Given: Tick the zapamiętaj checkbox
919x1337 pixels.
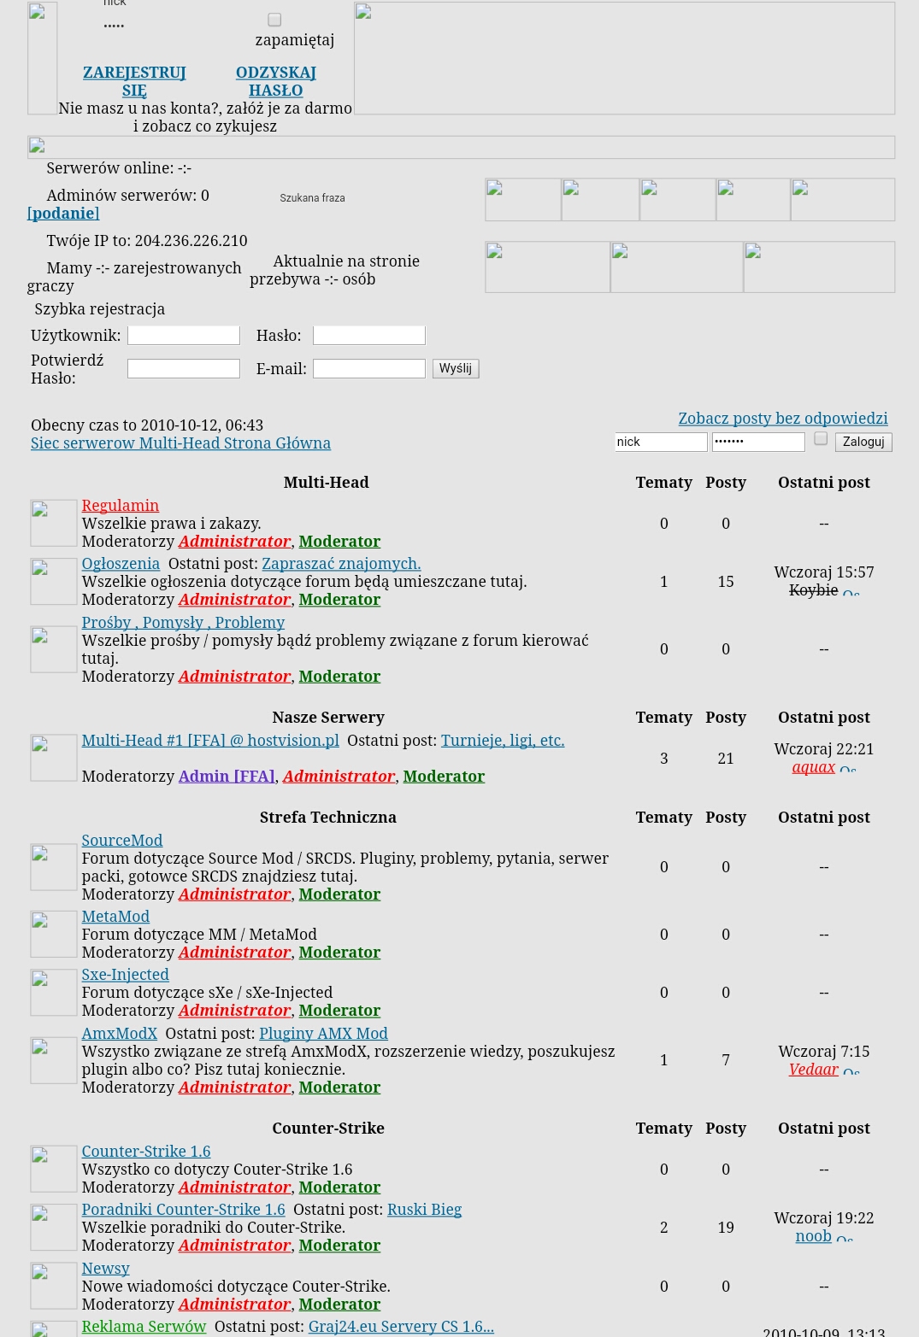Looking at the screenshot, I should (x=274, y=20).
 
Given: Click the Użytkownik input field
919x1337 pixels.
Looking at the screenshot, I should (x=183, y=336).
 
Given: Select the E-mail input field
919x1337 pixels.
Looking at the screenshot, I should (x=368, y=369).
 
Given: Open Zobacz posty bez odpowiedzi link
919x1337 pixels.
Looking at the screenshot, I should (x=782, y=419).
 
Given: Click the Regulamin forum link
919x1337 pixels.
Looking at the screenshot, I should (x=121, y=506).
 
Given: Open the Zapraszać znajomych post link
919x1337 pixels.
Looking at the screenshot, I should (x=341, y=564).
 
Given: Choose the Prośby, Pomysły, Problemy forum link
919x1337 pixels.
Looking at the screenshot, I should (x=183, y=623).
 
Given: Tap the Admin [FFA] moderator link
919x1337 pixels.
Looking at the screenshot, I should (x=227, y=777).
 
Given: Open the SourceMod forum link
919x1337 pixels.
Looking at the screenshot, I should (x=122, y=841).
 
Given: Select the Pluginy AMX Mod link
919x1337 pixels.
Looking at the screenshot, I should (x=323, y=1034).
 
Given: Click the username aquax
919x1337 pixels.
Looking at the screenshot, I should (x=813, y=767).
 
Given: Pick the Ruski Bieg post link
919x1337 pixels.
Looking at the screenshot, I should (x=424, y=1210).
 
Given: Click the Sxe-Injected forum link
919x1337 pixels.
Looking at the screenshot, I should (x=125, y=975).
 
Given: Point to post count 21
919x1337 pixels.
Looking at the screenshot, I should (x=726, y=759).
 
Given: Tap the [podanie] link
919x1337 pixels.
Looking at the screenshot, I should (x=63, y=214).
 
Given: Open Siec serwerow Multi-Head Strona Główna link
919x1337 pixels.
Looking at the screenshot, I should (x=180, y=443).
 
